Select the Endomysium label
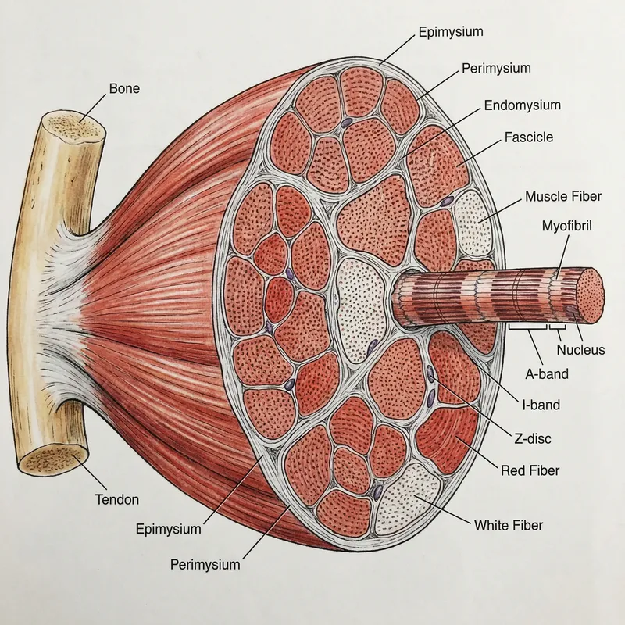pyautogui.click(x=522, y=105)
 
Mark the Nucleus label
pyautogui.click(x=580, y=350)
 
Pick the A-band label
pyautogui.click(x=547, y=374)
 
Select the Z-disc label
pyautogui.click(x=531, y=438)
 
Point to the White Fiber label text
pyautogui.click(x=509, y=524)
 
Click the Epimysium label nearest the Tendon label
pyautogui.click(x=168, y=529)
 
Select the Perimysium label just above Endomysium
pyautogui.click(x=495, y=68)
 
